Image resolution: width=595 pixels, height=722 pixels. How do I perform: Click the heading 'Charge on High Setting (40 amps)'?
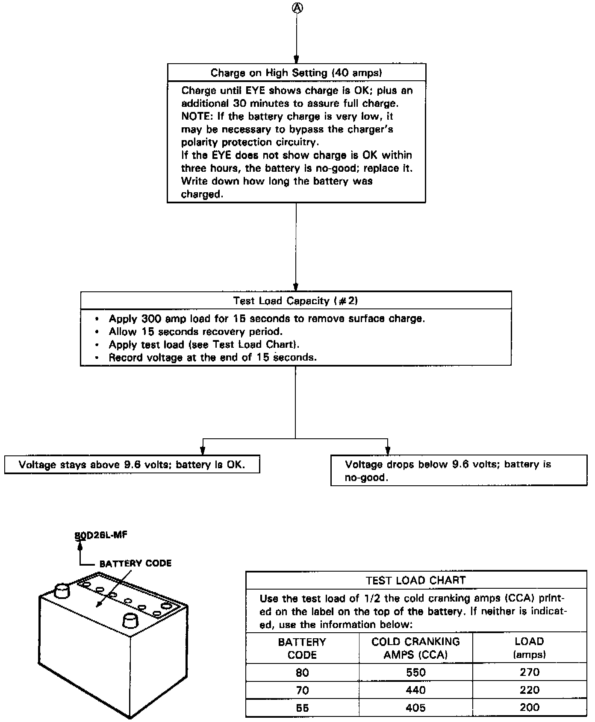[x=296, y=73]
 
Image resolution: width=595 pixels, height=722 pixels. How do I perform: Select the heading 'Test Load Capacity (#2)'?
[x=295, y=301]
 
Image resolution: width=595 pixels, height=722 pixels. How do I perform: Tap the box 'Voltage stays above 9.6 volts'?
[x=132, y=464]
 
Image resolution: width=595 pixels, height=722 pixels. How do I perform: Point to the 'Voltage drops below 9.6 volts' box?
[x=459, y=470]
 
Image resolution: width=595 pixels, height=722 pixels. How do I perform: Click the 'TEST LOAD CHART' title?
[x=415, y=580]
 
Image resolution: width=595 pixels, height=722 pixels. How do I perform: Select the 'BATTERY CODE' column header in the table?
[x=302, y=648]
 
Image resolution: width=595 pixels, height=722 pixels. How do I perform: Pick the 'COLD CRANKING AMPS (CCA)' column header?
[x=415, y=648]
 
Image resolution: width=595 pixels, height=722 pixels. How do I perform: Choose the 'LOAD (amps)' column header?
[x=529, y=648]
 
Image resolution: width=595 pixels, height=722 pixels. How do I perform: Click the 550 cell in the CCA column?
[x=415, y=672]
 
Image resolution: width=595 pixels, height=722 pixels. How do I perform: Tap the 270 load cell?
[x=529, y=672]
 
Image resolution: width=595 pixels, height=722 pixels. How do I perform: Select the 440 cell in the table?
[x=415, y=690]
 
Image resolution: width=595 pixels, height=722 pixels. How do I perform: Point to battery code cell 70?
[x=302, y=690]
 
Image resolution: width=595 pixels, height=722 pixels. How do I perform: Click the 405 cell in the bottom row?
[x=415, y=708]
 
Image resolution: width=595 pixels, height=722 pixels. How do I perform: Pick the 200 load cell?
[x=529, y=707]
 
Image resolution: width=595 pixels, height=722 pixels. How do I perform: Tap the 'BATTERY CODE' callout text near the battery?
[x=135, y=563]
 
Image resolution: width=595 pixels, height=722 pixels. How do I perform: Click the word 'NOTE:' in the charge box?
[x=197, y=116]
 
